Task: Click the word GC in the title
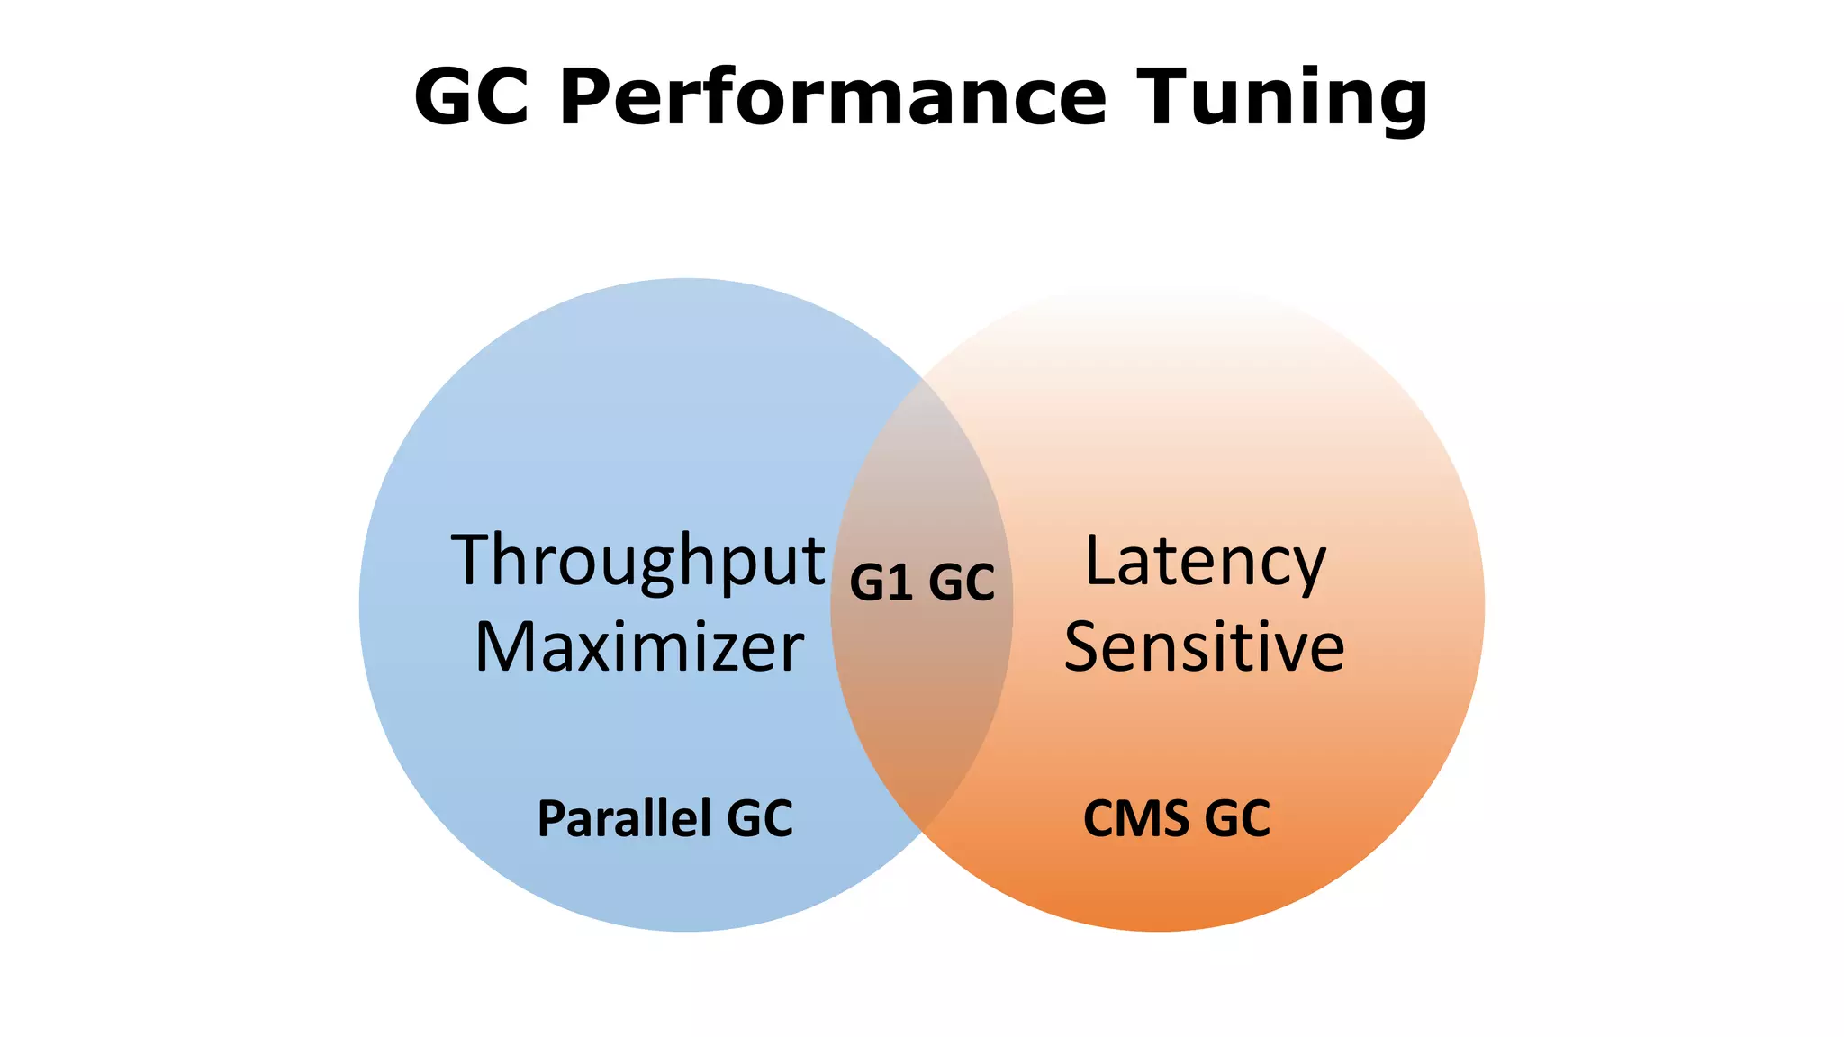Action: pos(471,96)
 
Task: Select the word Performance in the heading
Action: pos(833,96)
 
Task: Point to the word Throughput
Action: pos(637,562)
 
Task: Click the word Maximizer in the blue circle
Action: pos(639,647)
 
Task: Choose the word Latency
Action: pos(1205,562)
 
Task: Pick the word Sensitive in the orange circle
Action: pos(1204,647)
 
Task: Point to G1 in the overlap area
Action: pos(881,582)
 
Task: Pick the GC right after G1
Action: pos(961,582)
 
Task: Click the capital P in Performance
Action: pos(588,96)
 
